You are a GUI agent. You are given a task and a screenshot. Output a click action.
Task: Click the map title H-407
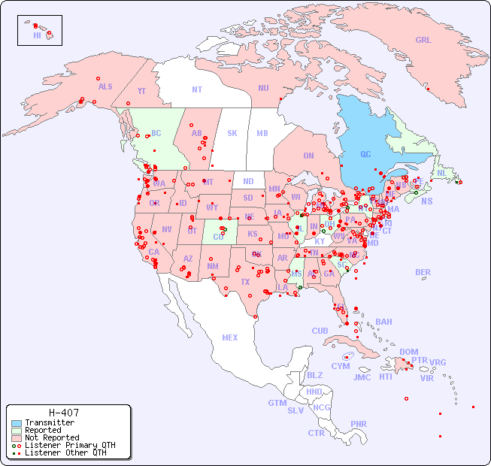click(64, 413)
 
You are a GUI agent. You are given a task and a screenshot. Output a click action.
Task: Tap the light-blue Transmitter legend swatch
click(16, 423)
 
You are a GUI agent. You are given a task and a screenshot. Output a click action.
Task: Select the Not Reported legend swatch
click(16, 437)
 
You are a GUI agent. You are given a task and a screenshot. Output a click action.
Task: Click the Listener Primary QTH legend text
click(70, 445)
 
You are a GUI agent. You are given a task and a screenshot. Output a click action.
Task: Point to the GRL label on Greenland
click(423, 41)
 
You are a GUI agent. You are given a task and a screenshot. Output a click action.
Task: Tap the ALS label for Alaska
click(105, 87)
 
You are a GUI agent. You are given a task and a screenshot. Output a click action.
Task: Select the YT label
click(141, 91)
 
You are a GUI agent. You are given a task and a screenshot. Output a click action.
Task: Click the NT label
click(197, 89)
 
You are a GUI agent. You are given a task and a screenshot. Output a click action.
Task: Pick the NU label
click(263, 89)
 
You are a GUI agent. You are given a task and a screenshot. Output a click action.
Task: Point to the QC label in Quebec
click(365, 155)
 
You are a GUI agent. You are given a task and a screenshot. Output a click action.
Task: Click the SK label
click(232, 133)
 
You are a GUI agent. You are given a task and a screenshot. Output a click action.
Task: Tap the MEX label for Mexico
click(230, 337)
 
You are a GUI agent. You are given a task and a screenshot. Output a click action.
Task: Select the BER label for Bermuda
click(423, 273)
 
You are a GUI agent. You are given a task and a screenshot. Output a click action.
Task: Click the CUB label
click(320, 331)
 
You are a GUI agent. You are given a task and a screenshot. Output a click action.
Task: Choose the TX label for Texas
click(245, 283)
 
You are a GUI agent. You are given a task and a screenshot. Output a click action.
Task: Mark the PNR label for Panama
click(359, 424)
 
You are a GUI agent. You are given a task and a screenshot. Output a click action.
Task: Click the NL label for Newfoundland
click(442, 173)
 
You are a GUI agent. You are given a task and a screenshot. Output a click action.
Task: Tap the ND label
click(248, 181)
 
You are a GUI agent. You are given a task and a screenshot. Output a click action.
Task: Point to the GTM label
click(277, 403)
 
